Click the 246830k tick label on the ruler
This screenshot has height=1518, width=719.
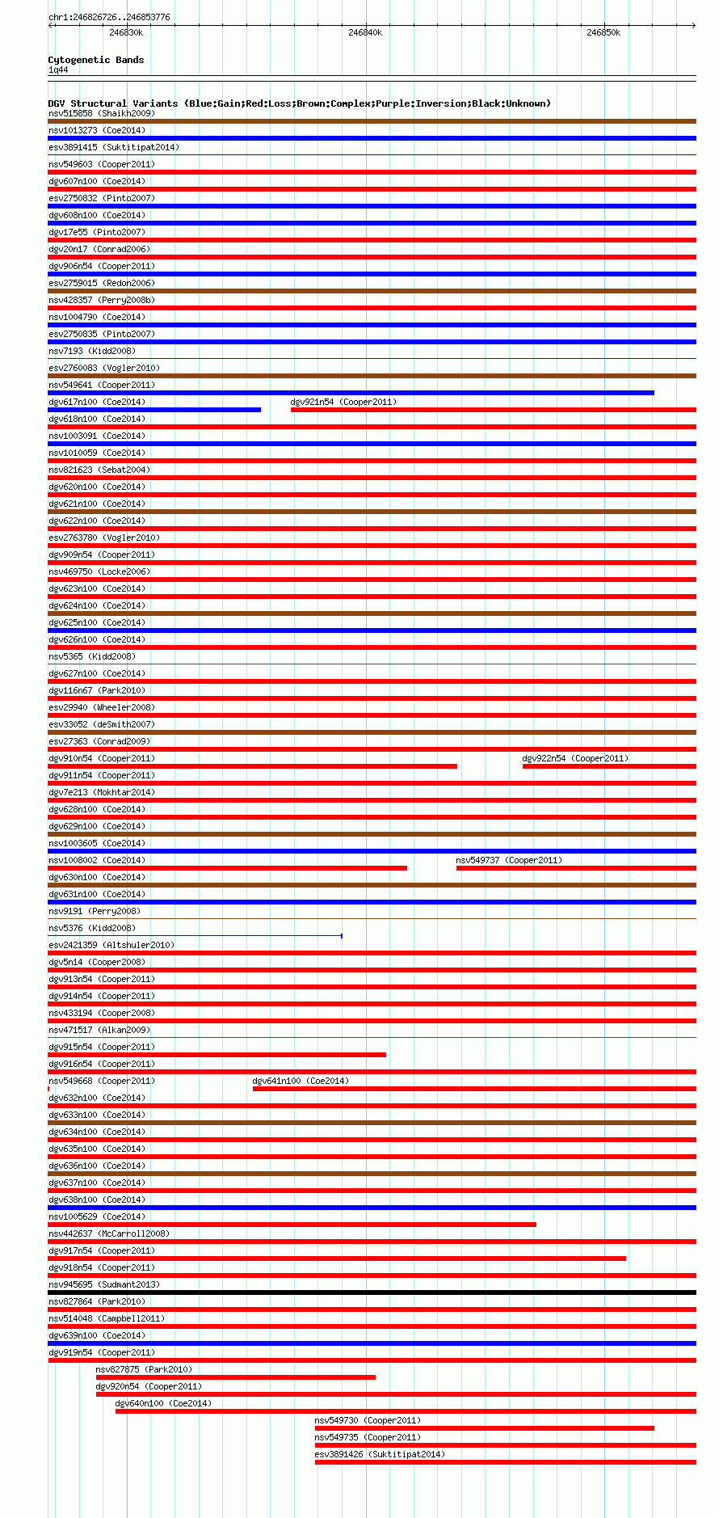[126, 32]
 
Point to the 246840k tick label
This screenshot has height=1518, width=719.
[365, 32]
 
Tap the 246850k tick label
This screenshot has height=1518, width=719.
[603, 32]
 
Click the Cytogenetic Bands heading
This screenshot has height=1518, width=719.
[95, 60]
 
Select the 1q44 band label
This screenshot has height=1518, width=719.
[58, 70]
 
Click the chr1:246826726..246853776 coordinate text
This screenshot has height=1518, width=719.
[109, 17]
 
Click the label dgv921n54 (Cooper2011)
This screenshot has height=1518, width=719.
[343, 402]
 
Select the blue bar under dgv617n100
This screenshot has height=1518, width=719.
[154, 410]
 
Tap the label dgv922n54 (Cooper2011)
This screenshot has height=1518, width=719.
[575, 758]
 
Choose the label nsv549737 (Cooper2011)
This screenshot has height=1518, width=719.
[509, 860]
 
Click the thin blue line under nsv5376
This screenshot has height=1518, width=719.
[195, 936]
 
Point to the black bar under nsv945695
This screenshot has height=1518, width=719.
[372, 1292]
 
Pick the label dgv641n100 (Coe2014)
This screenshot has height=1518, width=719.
[301, 1081]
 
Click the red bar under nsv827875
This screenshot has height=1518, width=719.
[235, 1377]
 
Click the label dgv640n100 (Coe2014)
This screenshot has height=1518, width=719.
[163, 1403]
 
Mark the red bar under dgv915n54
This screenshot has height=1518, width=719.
[217, 1055]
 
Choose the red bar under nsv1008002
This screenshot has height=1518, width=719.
[227, 868]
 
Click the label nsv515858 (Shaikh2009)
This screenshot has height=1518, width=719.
[101, 113]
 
